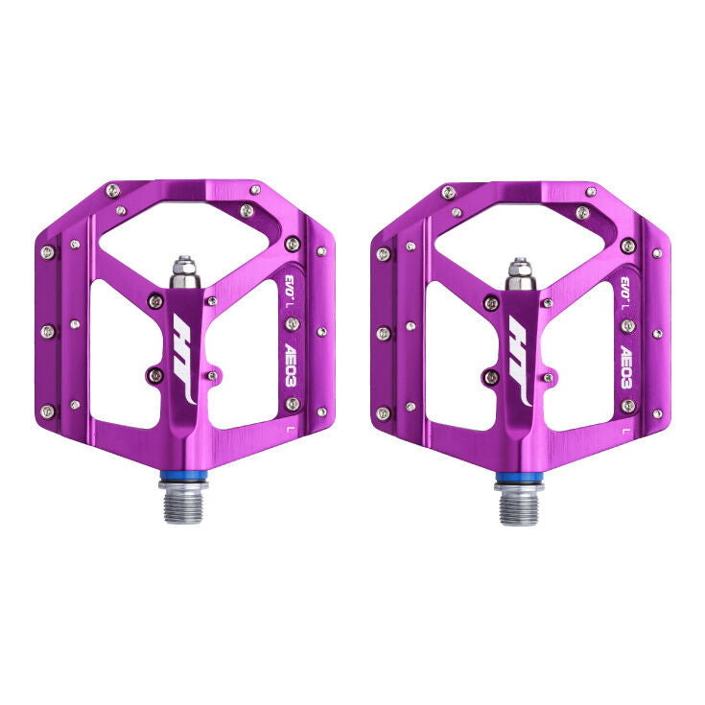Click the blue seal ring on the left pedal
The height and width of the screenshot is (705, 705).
pyautogui.click(x=182, y=477)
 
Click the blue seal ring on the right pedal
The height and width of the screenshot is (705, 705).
pyautogui.click(x=518, y=477)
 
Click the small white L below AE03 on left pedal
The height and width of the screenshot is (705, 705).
pyautogui.click(x=291, y=430)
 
